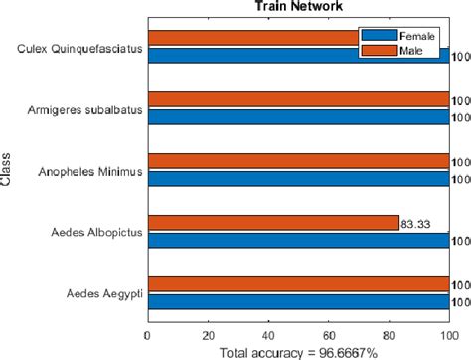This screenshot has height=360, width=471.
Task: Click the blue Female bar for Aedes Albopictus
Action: tap(297, 239)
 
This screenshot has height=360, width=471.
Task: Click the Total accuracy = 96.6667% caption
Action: tap(297, 351)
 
